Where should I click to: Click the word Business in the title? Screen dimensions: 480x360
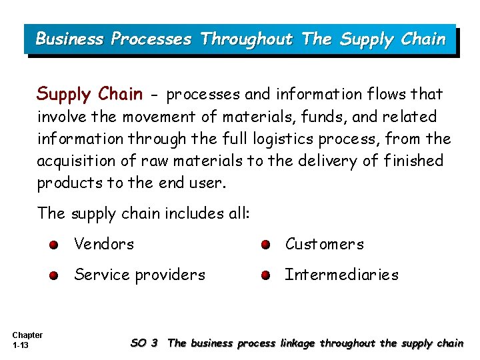pyautogui.click(x=69, y=39)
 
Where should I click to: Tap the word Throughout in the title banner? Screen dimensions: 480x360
pyautogui.click(x=246, y=39)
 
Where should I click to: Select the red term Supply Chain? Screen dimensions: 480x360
pyautogui.click(x=89, y=94)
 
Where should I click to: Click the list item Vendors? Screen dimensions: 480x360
pyautogui.click(x=104, y=244)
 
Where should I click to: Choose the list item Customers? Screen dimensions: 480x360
pyautogui.click(x=325, y=244)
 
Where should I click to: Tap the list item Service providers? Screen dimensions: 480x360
pyautogui.click(x=140, y=275)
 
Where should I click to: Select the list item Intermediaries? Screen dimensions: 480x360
pyautogui.click(x=341, y=275)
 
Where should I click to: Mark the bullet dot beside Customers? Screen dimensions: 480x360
pyautogui.click(x=265, y=245)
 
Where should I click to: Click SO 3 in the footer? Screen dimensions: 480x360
pyautogui.click(x=144, y=343)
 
